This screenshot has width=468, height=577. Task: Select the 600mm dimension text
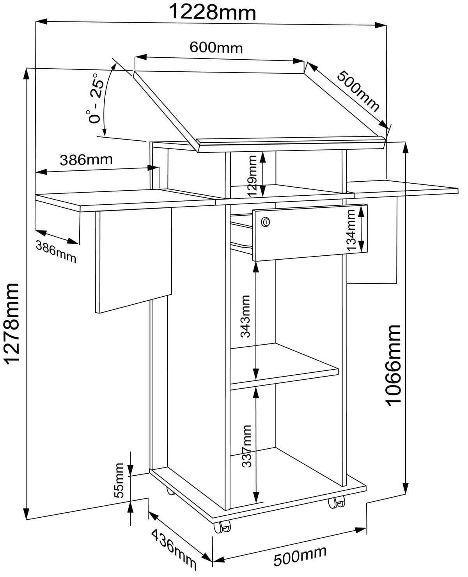pos(216,48)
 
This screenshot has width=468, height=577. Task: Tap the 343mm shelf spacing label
pos(246,316)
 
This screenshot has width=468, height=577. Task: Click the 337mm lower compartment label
pos(246,446)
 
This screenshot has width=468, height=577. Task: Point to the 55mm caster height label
pos(119,480)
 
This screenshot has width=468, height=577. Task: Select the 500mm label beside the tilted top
pos(358,91)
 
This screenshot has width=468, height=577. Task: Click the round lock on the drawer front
pos(266,222)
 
